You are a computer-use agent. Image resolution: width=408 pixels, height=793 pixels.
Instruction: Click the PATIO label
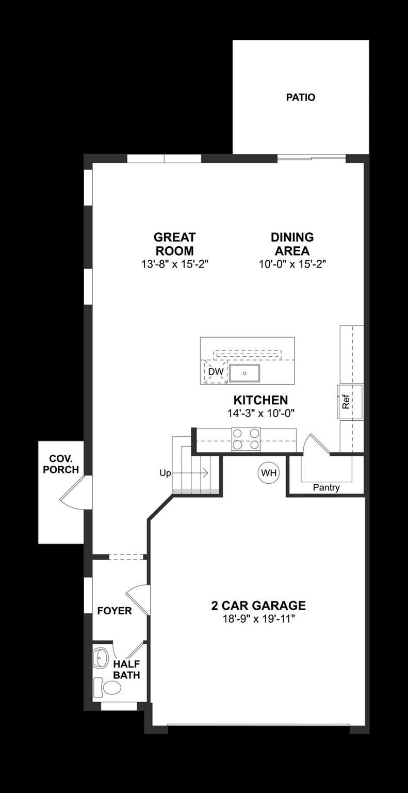(301, 97)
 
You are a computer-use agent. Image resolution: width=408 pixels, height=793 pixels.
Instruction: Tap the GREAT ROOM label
(174, 244)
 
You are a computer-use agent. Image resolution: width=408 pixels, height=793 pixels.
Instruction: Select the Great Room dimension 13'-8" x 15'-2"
(174, 264)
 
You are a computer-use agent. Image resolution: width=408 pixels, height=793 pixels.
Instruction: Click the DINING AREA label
(292, 244)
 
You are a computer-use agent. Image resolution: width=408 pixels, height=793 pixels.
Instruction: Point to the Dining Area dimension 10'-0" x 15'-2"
(292, 264)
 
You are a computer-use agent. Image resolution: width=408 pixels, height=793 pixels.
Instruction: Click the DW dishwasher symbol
(216, 372)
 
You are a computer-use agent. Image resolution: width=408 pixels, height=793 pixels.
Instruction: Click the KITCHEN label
(260, 400)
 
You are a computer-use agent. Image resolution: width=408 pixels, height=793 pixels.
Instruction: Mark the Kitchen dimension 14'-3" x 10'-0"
(260, 413)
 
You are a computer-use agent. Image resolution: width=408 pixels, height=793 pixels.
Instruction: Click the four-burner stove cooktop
(246, 439)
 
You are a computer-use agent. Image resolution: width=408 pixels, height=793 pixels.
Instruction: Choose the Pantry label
(326, 488)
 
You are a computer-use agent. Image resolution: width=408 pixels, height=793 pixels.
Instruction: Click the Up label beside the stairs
(165, 473)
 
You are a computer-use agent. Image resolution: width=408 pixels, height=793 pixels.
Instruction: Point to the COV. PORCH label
(61, 464)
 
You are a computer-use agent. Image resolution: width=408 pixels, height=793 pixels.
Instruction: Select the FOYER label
(115, 611)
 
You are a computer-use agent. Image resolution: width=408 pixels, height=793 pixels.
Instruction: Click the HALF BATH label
(126, 670)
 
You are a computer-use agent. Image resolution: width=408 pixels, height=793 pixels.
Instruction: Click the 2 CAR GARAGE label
(258, 605)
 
